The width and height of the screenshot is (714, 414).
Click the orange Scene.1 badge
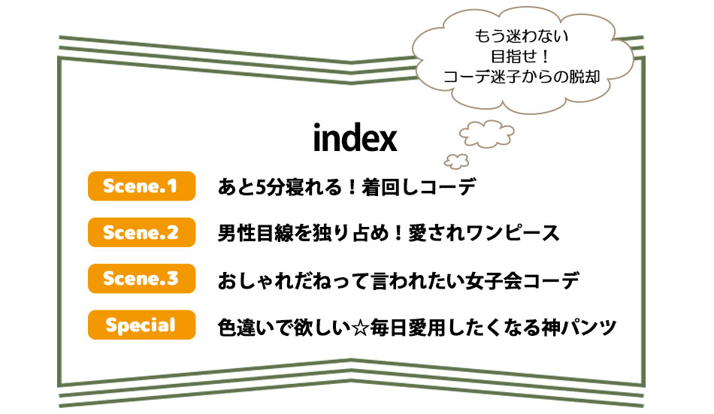[x=141, y=186]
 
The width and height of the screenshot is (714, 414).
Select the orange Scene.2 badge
[x=141, y=232]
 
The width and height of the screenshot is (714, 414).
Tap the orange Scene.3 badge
[x=141, y=278]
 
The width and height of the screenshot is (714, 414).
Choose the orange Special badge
[x=141, y=325]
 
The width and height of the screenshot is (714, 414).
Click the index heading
[x=355, y=137]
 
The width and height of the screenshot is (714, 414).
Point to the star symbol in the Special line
[x=360, y=328]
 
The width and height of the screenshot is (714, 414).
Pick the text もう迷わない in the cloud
[x=522, y=36]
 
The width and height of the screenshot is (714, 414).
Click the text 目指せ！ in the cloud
[x=522, y=56]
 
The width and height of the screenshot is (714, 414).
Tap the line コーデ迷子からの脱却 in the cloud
[x=522, y=77]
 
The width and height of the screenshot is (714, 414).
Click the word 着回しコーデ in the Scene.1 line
[x=419, y=187]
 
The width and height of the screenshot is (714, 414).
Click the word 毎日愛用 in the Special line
[x=407, y=328]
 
